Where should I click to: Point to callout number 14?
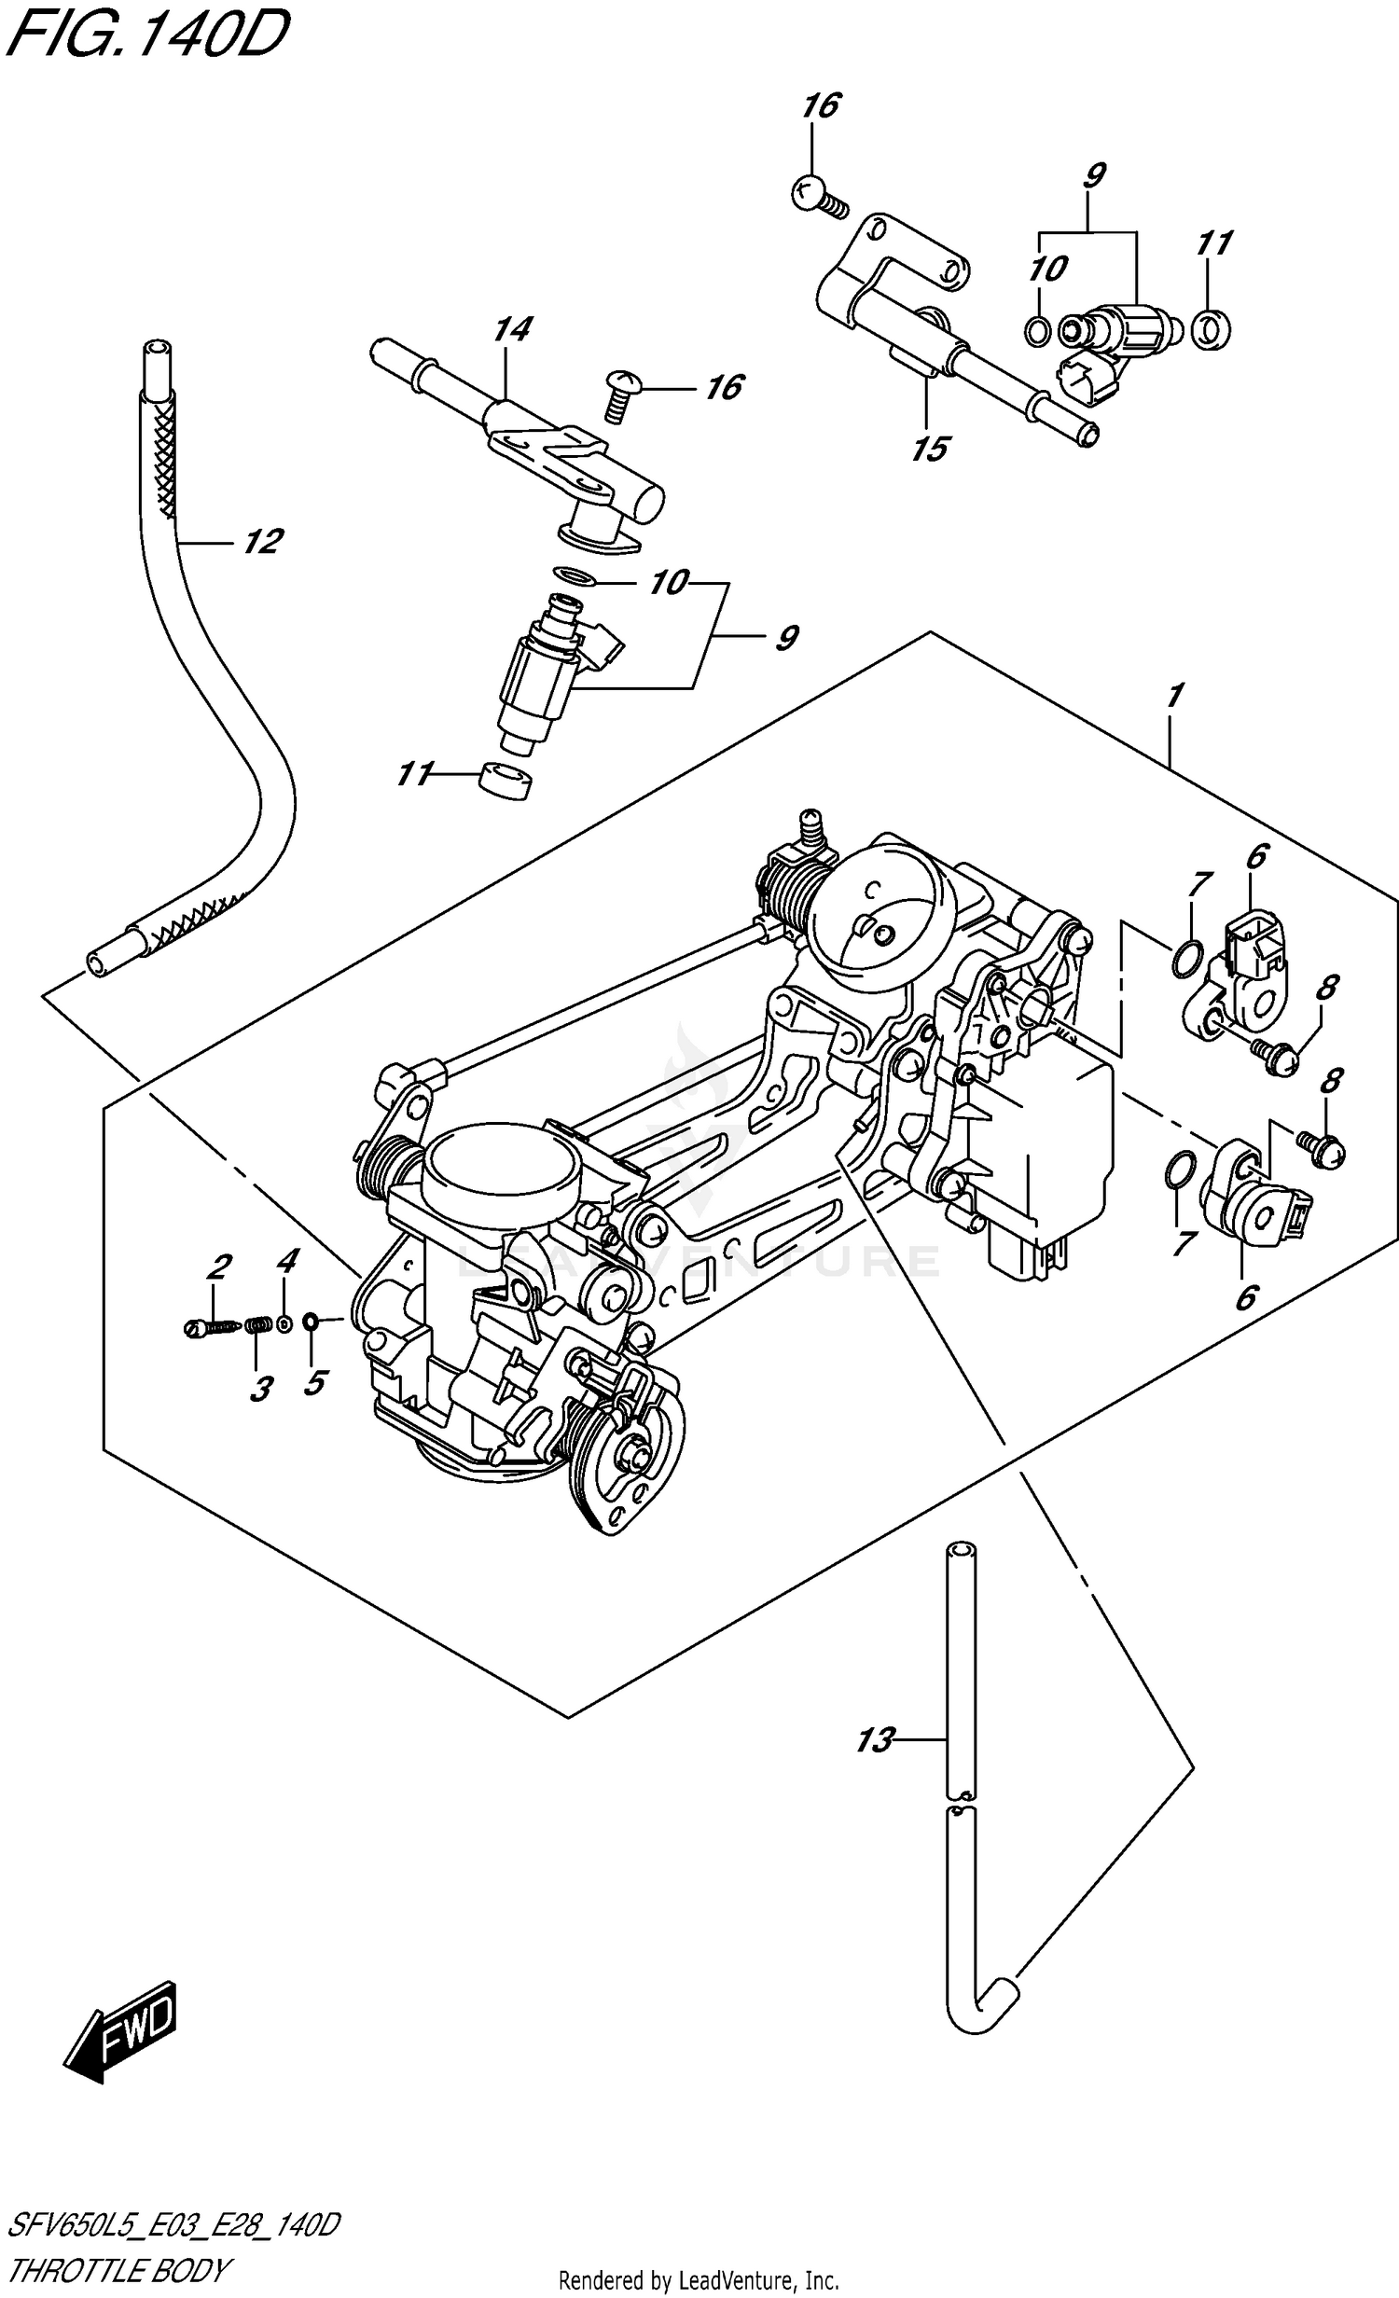(x=512, y=329)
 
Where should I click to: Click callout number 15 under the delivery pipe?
(x=930, y=449)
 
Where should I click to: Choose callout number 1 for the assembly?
(x=1174, y=696)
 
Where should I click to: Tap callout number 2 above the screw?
(x=218, y=1266)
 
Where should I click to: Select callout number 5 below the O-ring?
(x=314, y=1381)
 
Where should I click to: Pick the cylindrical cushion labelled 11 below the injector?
(x=505, y=781)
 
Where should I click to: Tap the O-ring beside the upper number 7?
(x=1183, y=958)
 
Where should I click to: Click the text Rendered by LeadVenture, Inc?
(x=699, y=2282)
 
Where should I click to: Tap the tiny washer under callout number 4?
(x=284, y=1322)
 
